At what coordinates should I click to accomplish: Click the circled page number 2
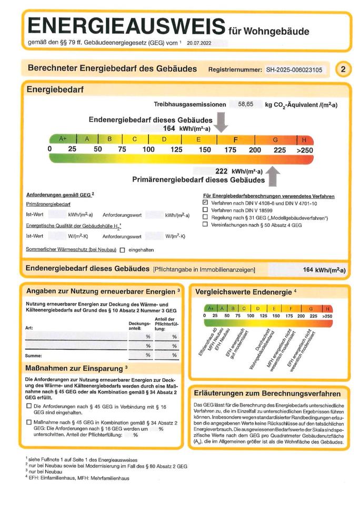click(343, 69)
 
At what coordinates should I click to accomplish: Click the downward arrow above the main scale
click(222, 122)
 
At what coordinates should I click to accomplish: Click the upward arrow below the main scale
click(274, 176)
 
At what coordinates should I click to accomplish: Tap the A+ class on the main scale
click(63, 139)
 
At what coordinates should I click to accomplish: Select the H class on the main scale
click(304, 139)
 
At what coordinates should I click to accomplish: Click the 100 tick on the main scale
click(148, 150)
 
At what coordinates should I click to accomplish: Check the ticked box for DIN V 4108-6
click(206, 202)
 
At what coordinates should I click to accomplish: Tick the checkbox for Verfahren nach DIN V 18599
click(206, 209)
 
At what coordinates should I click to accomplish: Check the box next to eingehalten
click(122, 250)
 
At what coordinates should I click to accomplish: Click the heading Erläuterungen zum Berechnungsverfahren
click(267, 393)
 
